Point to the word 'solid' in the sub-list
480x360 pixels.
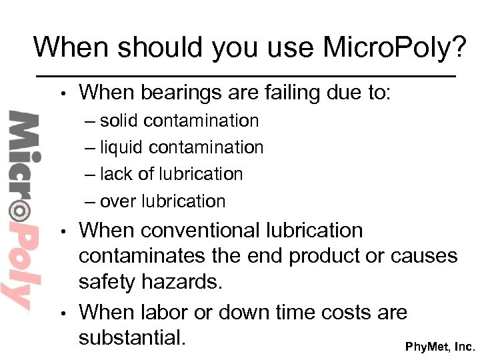(120, 121)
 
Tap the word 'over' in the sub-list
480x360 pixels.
(116, 201)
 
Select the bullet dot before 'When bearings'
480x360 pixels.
(62, 93)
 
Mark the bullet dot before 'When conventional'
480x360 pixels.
(62, 232)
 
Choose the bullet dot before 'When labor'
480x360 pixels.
(62, 313)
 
